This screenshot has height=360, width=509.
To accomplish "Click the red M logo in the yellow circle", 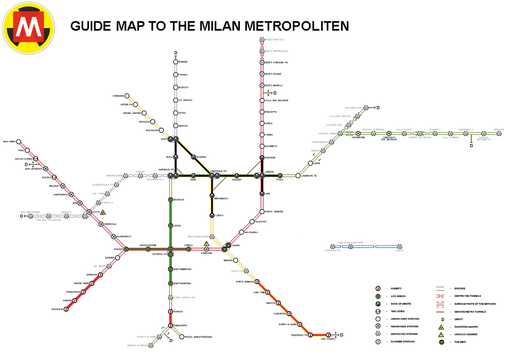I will point(28,28).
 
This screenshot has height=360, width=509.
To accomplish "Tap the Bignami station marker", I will point(175,61).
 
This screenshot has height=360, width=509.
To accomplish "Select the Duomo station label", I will point(236,245).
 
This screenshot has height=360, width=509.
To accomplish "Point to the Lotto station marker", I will point(89,212).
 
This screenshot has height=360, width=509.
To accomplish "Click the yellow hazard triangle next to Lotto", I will point(103,212).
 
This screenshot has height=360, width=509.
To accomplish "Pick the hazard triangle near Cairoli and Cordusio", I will point(207,244).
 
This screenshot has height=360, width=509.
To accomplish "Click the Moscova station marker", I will point(171,199).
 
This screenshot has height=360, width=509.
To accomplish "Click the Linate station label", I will point(399,251).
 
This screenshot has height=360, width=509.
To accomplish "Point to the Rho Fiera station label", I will point(9,142).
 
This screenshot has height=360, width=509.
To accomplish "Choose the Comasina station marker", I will point(126,96).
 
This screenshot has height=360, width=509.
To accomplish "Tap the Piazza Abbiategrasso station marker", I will point(182,337).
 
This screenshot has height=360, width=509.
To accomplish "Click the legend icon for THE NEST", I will point(441,342).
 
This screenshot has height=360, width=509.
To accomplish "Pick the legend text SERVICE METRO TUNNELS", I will point(470,312).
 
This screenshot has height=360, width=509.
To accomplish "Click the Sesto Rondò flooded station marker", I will point(262,74).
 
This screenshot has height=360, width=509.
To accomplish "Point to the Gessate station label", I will point(499,129).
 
